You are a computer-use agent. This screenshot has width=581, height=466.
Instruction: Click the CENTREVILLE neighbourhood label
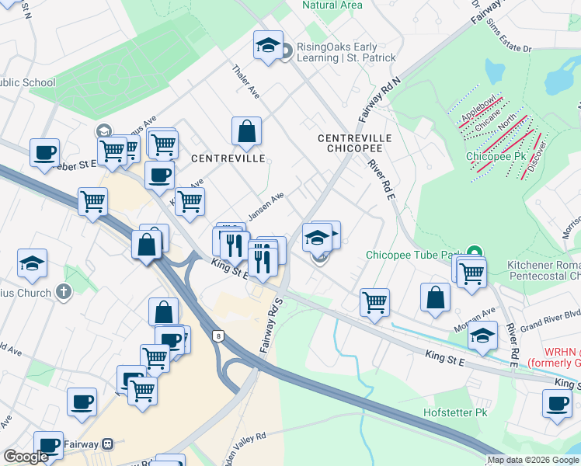coord(228,158)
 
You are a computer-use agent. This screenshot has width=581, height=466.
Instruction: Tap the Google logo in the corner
coord(26,457)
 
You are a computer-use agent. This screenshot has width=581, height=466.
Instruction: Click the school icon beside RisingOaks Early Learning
coord(267,45)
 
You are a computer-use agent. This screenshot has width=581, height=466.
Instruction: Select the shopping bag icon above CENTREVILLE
coord(246,132)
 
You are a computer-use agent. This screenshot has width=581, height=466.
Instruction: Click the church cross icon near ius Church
coord(64,293)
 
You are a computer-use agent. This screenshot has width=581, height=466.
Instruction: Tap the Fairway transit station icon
coord(107,444)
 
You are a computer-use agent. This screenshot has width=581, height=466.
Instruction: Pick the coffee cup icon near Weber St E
coord(44,151)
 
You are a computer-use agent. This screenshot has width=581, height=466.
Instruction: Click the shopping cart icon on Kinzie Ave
coord(190,202)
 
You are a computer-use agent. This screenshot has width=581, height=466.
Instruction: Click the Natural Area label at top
coord(332,5)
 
